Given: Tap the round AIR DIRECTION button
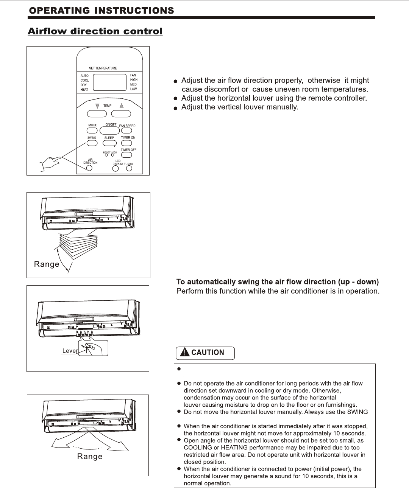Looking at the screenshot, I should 89,168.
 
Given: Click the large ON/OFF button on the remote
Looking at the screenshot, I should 109,131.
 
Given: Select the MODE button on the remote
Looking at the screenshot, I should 92,131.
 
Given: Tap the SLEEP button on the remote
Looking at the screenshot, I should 109,143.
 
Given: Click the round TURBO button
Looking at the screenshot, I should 129,168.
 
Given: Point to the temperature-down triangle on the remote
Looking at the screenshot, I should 97,106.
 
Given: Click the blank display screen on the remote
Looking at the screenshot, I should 109,82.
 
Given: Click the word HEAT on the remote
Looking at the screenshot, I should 84,90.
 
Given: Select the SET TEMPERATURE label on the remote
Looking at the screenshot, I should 103,68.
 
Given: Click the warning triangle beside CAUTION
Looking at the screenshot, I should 184,353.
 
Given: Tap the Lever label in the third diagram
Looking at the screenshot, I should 70,351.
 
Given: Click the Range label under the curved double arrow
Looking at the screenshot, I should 90,457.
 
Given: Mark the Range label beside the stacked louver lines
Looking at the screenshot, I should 47,264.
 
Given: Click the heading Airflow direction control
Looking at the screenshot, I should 95,31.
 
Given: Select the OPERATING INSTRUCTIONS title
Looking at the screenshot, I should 101,11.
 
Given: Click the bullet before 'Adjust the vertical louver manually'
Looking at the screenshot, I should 175,108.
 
